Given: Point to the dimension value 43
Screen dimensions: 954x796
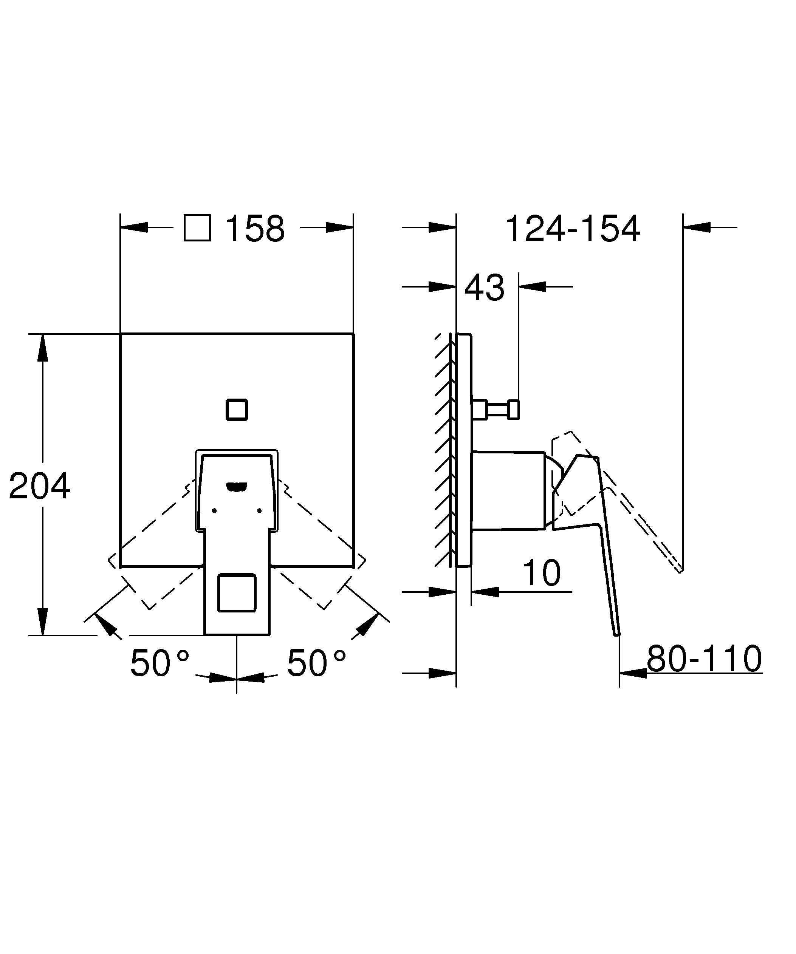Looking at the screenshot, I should [x=484, y=288].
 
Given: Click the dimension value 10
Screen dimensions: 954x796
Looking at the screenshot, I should [x=541, y=573].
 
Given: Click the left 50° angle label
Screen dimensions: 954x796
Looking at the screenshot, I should [x=160, y=664].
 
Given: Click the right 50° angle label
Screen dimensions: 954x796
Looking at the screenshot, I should [x=316, y=664].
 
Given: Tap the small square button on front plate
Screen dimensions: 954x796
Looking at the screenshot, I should [x=237, y=410].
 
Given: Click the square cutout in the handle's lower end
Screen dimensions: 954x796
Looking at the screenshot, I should [x=237, y=593].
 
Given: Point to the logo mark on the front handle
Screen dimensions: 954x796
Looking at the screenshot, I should [x=236, y=487].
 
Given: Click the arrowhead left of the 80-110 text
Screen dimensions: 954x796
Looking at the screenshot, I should [x=633, y=673].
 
